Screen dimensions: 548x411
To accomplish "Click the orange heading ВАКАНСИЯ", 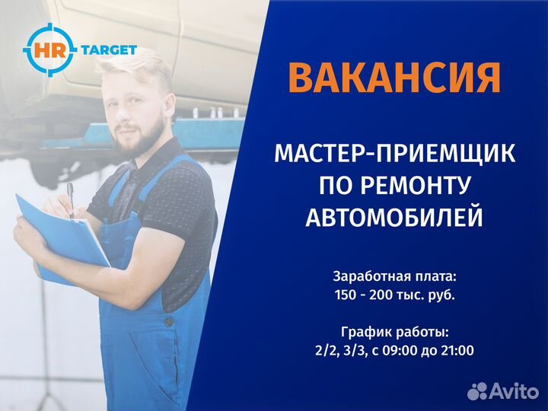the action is [394, 78].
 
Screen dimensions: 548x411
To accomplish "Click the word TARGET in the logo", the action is [109, 50].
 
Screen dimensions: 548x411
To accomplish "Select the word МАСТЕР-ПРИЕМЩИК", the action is [394, 153].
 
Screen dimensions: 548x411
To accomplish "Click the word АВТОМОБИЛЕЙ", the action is [394, 217].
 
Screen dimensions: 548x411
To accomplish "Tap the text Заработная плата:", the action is [395, 277].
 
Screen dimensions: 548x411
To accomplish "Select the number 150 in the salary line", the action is [346, 295].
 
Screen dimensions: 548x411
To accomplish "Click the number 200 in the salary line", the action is [381, 295].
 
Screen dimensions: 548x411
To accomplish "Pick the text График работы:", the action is [395, 332].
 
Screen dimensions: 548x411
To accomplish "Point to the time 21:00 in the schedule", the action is [457, 350].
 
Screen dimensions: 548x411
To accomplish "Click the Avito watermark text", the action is [514, 391].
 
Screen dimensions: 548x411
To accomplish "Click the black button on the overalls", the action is [169, 320].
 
